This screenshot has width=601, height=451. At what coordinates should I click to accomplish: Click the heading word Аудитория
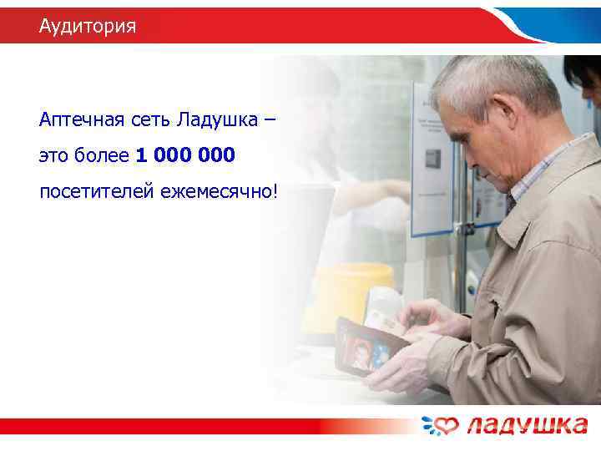87,27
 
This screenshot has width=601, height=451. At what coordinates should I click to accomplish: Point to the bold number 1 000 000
184,155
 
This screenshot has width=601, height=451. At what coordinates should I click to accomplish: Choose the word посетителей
91,192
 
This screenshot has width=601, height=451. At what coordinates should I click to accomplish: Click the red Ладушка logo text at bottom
526,426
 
